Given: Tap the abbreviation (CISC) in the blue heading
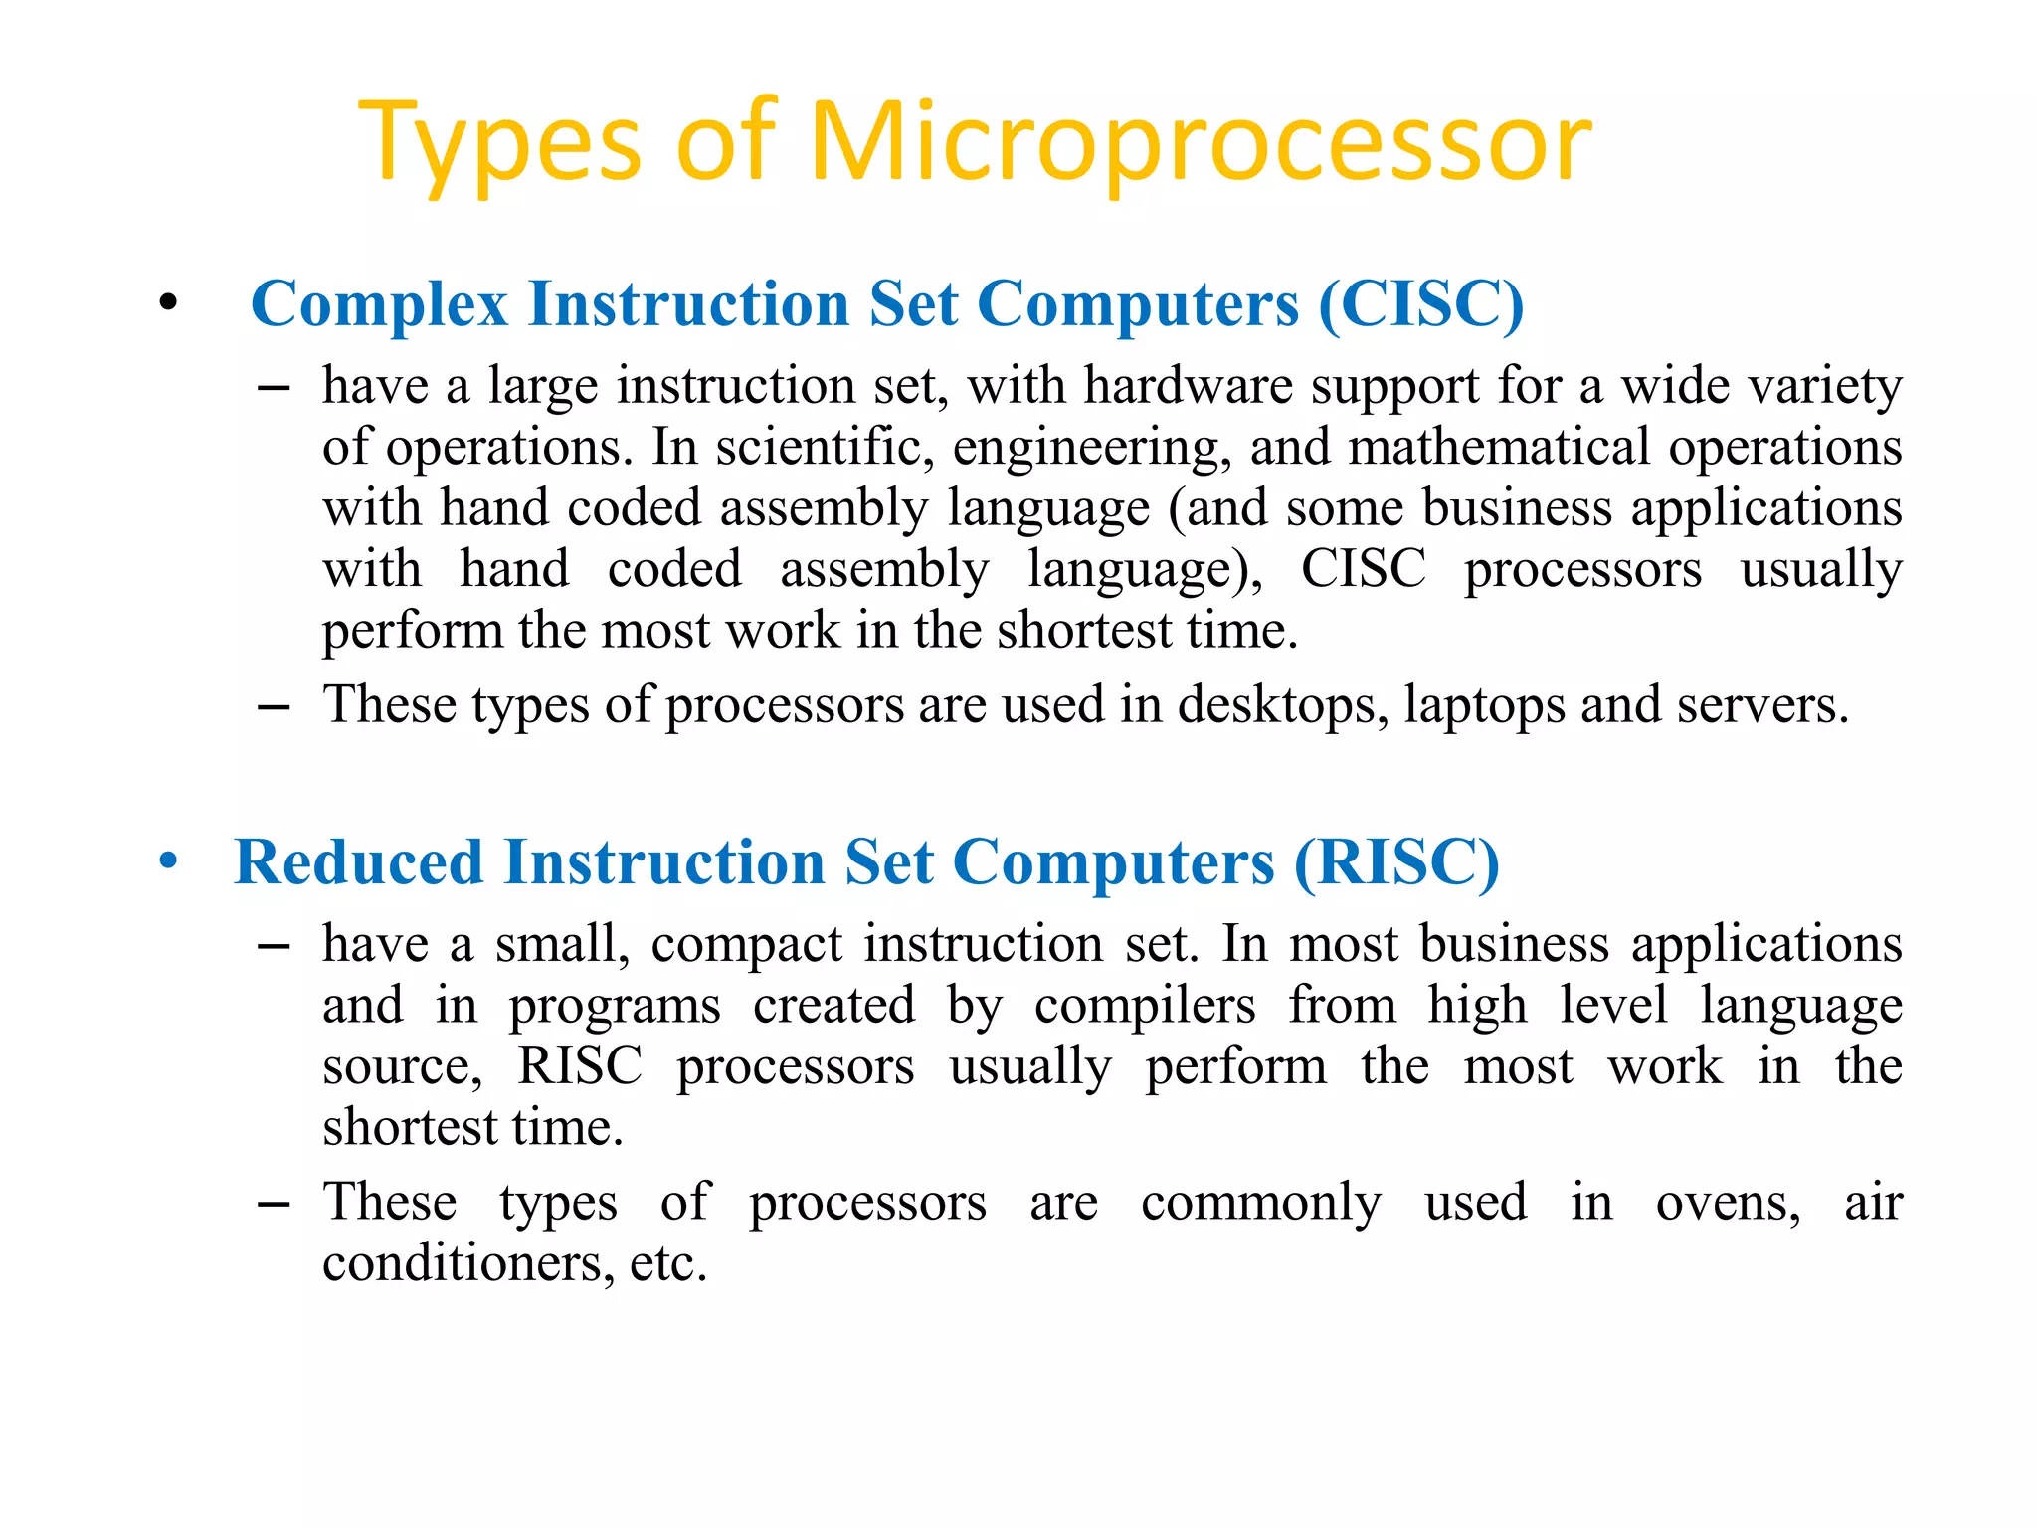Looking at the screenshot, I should (x=1420, y=303).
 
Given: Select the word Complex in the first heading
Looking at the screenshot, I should (x=379, y=303).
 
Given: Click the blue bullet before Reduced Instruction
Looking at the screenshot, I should (x=168, y=861).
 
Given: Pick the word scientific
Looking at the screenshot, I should (x=824, y=447).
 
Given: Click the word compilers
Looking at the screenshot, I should (x=1145, y=1006).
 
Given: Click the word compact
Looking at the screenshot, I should (x=746, y=945).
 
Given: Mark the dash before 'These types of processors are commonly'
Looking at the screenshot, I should (x=273, y=1205).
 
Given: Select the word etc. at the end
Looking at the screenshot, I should (x=668, y=1264).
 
